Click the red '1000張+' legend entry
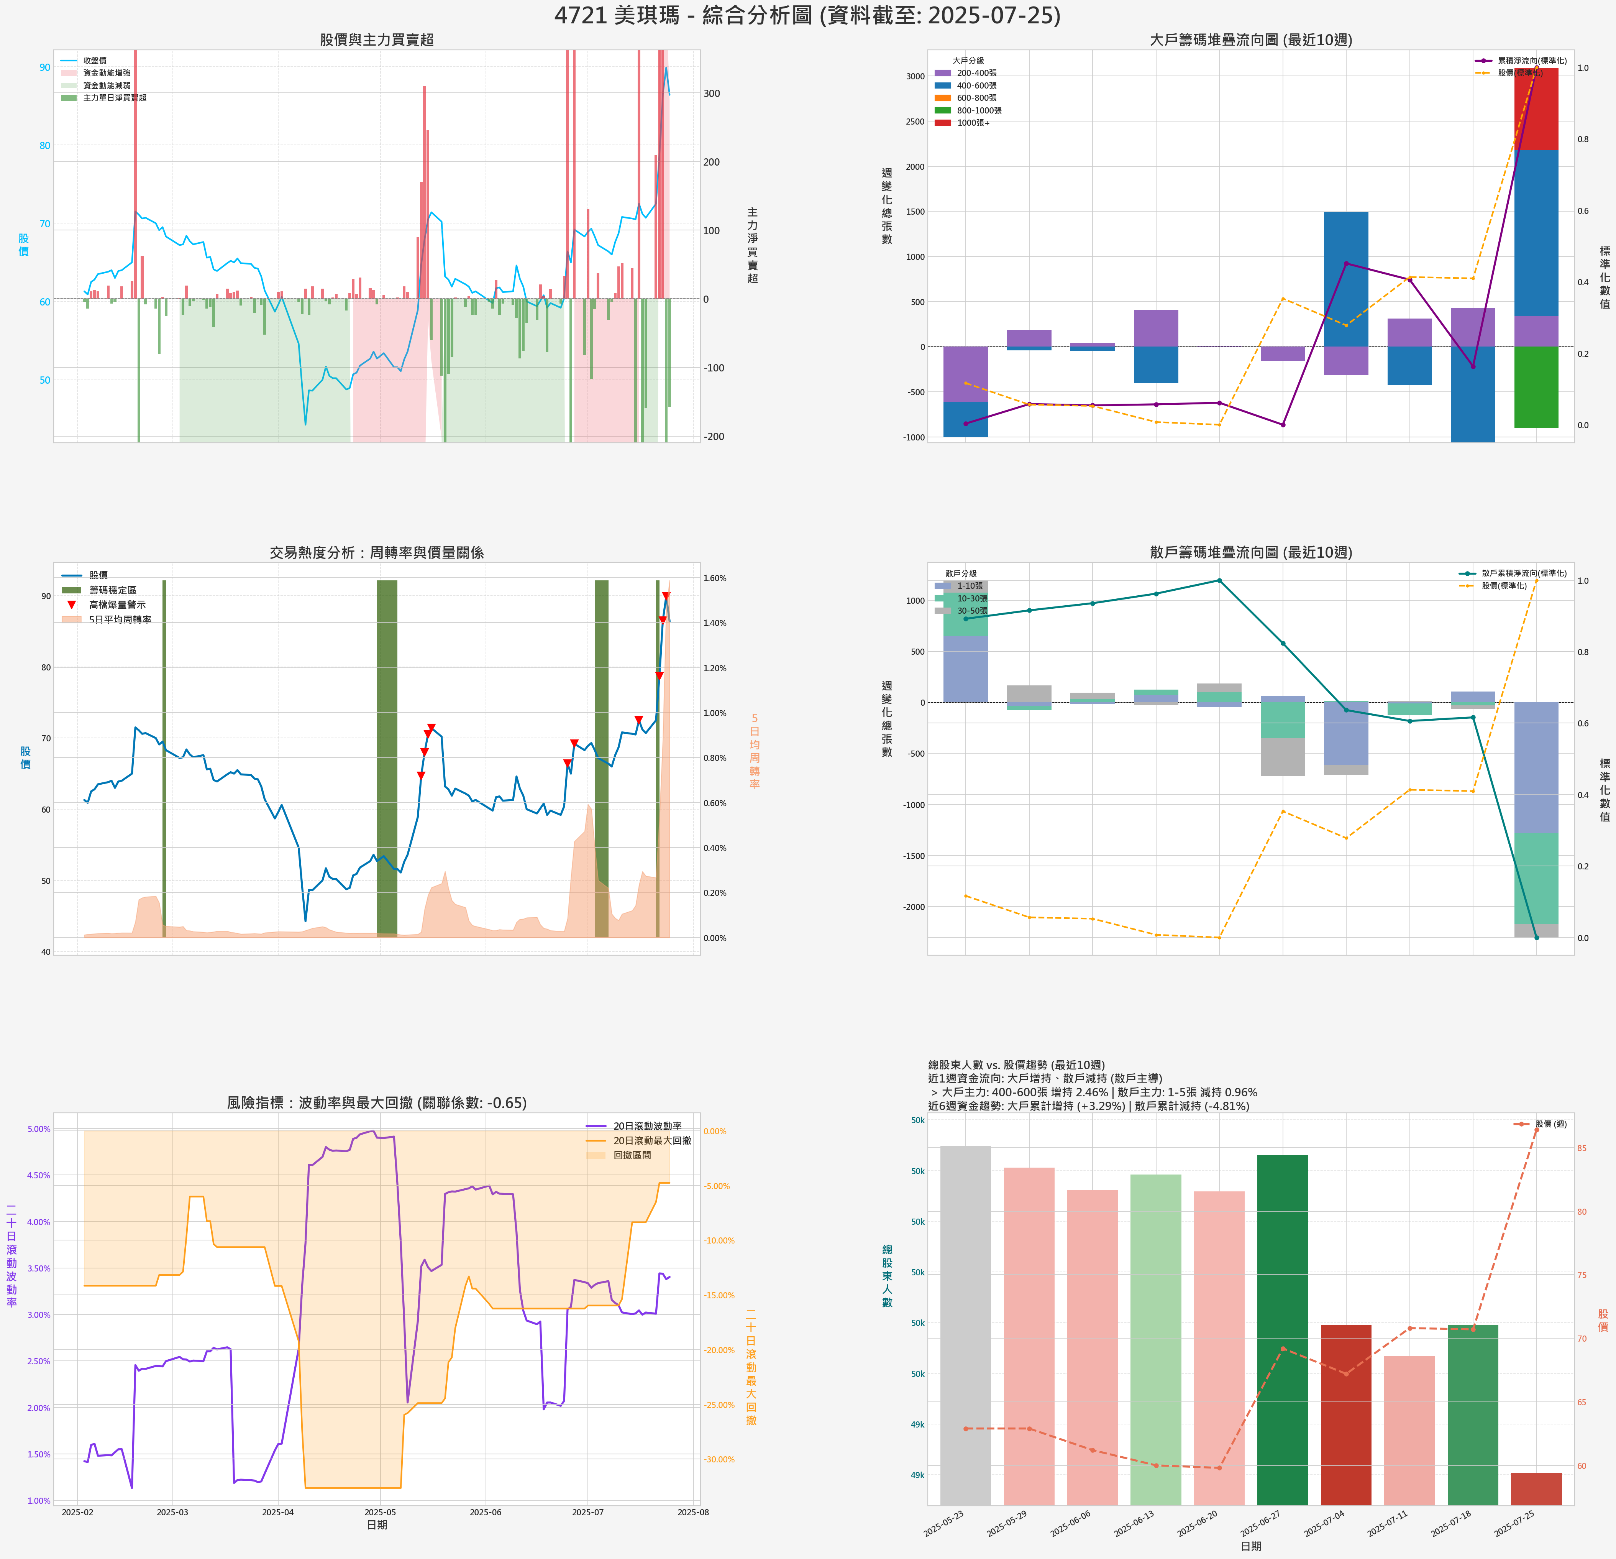[x=973, y=123]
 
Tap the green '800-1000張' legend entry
[x=979, y=110]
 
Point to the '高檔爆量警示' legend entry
[x=117, y=605]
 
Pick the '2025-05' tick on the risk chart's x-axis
[x=380, y=1512]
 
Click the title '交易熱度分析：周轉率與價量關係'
[x=377, y=553]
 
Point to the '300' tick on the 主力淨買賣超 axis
[x=712, y=93]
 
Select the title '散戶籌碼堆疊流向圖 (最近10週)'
[x=1251, y=553]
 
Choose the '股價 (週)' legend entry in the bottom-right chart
[x=1550, y=1124]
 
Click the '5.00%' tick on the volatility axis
[x=39, y=1129]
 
